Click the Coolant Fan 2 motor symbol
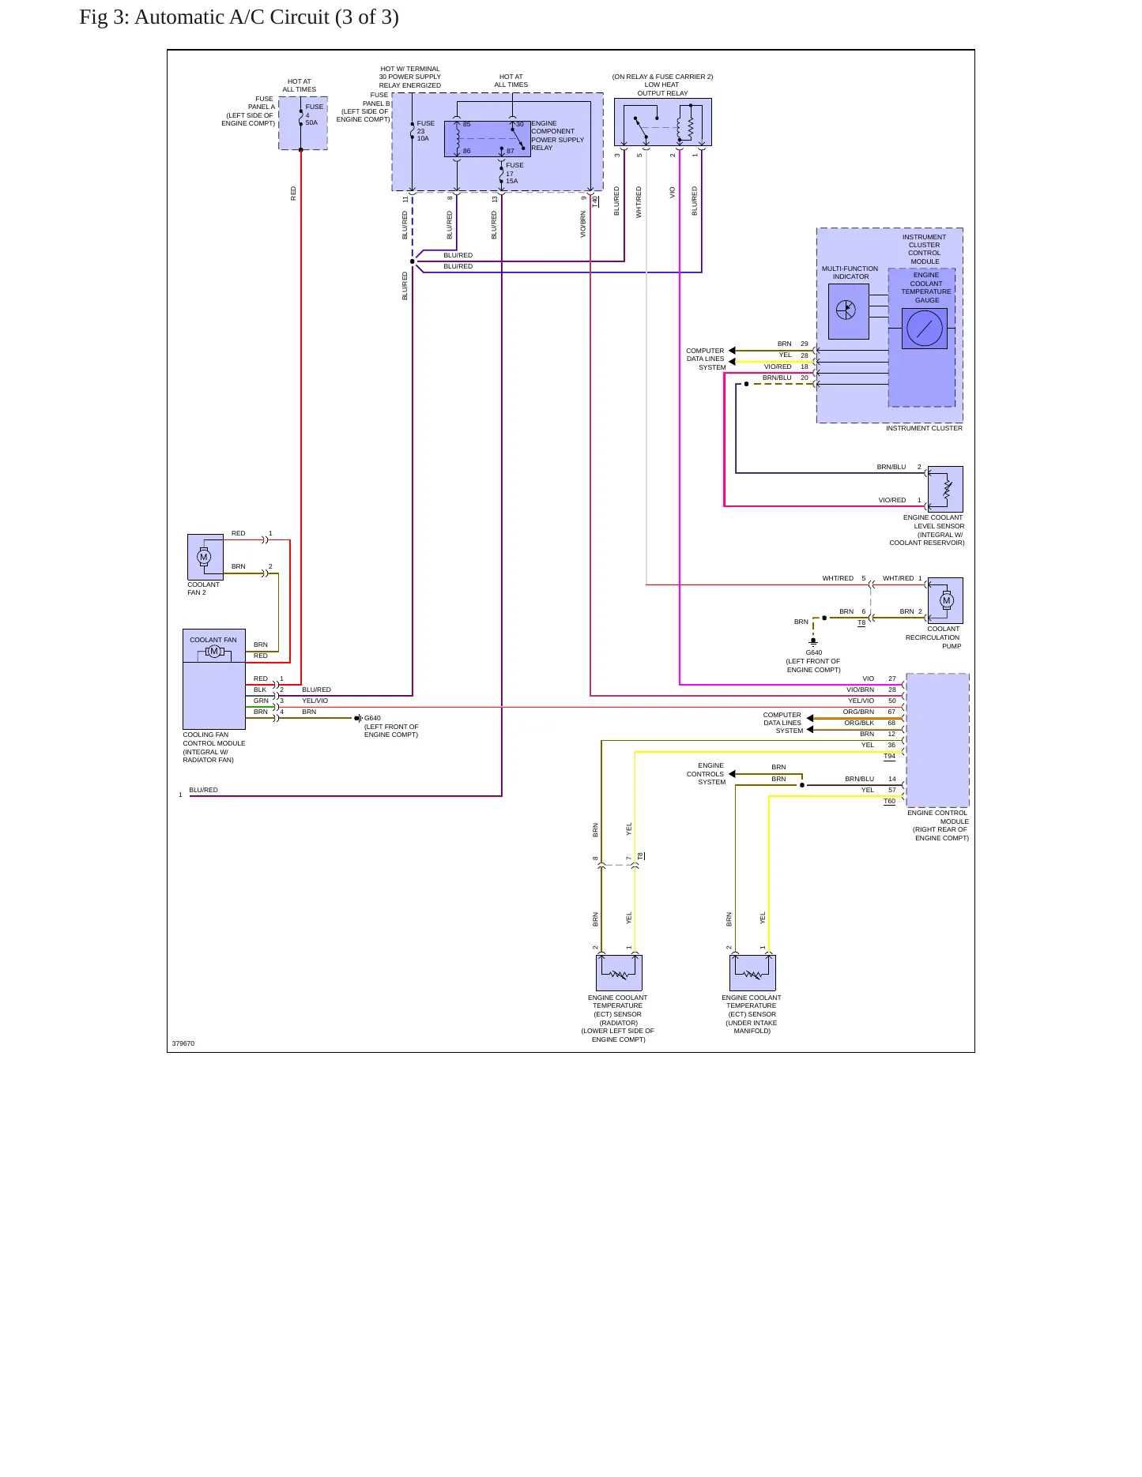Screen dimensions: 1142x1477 click(204, 557)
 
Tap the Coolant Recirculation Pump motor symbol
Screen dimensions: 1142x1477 click(946, 600)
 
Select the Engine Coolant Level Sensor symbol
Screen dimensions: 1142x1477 click(945, 490)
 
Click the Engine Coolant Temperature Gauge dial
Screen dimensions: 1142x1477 click(925, 329)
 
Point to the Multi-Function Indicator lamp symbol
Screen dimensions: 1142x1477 click(846, 310)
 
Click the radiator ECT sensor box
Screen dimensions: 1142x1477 click(619, 973)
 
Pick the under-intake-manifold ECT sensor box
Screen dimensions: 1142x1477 click(752, 973)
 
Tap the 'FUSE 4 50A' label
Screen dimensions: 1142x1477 click(314, 115)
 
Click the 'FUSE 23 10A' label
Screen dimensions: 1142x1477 click(425, 131)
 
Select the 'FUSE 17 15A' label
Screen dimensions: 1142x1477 click(514, 173)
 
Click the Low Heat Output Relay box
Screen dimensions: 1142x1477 click(662, 122)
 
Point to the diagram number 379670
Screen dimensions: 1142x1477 click(183, 1043)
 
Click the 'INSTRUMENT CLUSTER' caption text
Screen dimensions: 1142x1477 click(924, 428)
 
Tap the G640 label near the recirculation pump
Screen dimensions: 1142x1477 click(813, 652)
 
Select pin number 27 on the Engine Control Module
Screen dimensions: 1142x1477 click(892, 678)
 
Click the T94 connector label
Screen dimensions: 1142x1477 click(889, 757)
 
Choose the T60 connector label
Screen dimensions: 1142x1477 click(889, 801)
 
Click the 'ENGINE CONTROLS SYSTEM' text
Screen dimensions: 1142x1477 click(706, 774)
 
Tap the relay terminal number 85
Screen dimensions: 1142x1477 click(466, 124)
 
